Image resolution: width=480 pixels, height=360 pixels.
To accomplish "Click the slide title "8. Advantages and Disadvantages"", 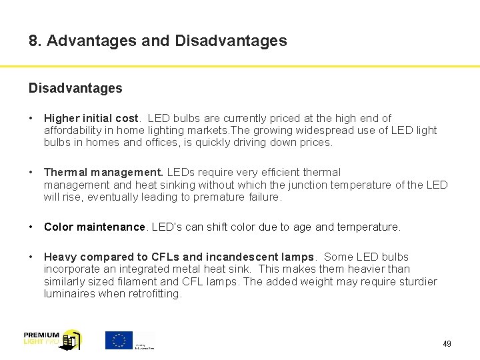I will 158,41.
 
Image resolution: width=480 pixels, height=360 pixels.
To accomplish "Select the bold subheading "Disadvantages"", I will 75,88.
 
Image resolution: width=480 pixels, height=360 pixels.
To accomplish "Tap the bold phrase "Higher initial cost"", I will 89,118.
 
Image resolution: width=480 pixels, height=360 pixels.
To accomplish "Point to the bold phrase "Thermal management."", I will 103,172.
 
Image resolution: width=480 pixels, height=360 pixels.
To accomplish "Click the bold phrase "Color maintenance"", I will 94,227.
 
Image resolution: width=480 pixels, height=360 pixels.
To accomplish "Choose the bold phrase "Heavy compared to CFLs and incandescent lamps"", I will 179,257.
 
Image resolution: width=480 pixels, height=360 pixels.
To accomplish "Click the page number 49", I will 447,344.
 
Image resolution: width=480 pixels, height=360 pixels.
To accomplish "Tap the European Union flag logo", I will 119,340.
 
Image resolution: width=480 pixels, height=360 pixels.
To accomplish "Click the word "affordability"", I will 72,130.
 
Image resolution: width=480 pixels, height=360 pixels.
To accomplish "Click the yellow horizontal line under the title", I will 240,66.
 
